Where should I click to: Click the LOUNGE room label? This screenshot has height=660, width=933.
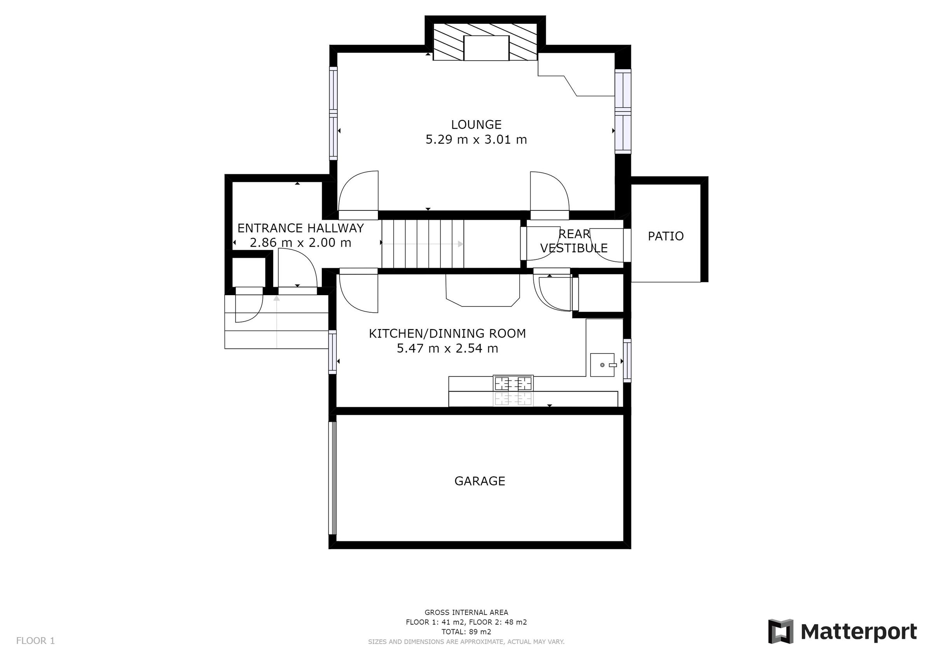click(476, 124)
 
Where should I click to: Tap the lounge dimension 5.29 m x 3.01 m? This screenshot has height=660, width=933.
click(476, 140)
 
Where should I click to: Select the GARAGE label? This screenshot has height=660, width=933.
click(479, 481)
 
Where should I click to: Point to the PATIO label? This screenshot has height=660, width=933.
click(665, 236)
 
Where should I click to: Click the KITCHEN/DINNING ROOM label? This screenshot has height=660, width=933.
click(447, 333)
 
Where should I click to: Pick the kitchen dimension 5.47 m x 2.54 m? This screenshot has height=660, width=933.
click(447, 348)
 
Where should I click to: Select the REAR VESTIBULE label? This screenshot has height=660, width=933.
click(574, 241)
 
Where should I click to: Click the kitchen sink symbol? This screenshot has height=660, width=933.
click(602, 365)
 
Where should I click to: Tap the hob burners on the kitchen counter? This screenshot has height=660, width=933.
click(513, 383)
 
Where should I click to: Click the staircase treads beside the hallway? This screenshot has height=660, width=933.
click(422, 243)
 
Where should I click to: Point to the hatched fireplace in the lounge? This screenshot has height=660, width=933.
click(486, 42)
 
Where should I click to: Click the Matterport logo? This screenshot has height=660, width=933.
click(842, 632)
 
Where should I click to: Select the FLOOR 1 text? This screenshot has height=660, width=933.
click(35, 641)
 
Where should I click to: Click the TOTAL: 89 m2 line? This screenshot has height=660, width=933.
click(466, 632)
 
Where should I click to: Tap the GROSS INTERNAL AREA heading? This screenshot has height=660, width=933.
click(466, 613)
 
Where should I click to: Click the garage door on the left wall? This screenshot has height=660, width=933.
click(332, 478)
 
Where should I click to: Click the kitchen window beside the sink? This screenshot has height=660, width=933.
click(627, 360)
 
